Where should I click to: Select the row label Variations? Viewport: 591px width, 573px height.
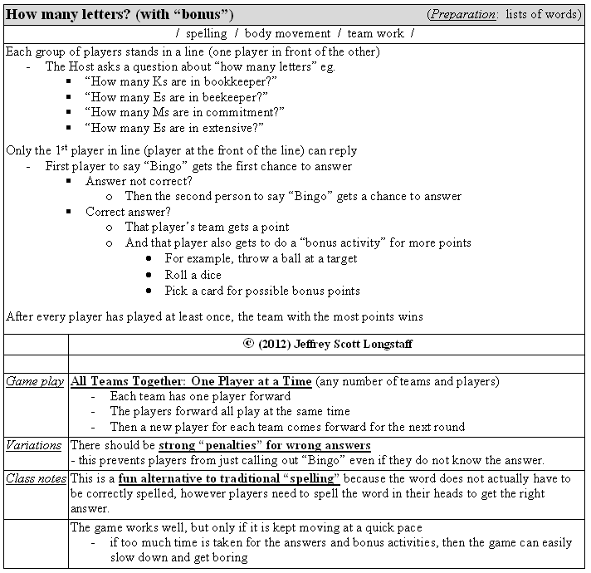tap(33, 445)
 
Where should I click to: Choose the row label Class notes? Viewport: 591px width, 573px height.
tap(36, 478)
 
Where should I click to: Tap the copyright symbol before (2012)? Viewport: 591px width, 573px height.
tap(247, 342)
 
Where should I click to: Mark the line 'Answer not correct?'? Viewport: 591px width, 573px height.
tap(139, 181)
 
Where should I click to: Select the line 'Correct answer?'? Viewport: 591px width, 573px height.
tap(128, 212)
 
